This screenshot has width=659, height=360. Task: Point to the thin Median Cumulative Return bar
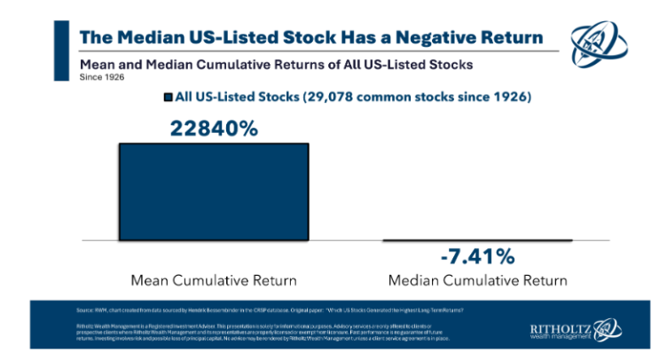476,239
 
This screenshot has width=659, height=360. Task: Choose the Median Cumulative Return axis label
477,281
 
